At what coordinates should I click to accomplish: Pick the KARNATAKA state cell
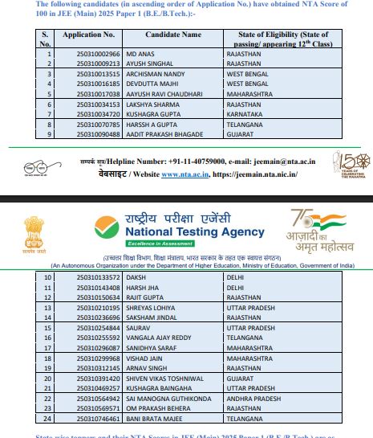coord(248,114)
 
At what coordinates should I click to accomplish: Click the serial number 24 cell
coord(47,419)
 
